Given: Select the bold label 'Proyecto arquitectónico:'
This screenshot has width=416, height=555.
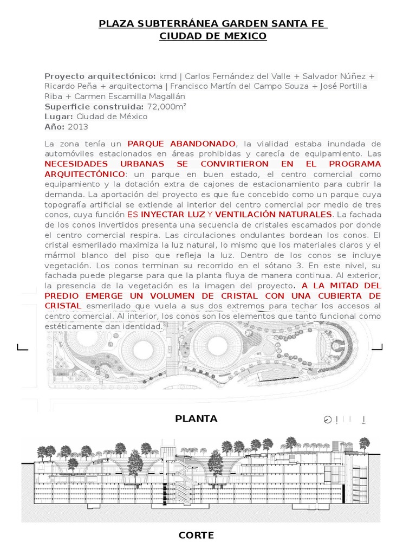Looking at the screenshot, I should click(x=100, y=76).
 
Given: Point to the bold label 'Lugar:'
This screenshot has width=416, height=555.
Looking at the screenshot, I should click(x=59, y=117).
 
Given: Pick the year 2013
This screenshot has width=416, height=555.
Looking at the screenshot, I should click(x=78, y=127).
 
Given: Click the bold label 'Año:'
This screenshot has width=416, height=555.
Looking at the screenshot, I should click(x=55, y=127).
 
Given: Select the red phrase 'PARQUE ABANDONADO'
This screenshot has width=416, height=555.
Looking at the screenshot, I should click(x=181, y=144).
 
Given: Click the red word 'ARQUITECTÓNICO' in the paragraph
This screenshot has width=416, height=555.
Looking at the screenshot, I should click(x=84, y=175).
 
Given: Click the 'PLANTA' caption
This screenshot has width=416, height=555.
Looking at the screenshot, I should click(x=197, y=418).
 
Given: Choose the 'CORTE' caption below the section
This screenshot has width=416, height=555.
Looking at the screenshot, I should click(x=196, y=535).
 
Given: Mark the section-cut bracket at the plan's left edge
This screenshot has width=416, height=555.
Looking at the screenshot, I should click(x=22, y=347).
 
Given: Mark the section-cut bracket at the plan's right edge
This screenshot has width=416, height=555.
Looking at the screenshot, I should click(x=387, y=347).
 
